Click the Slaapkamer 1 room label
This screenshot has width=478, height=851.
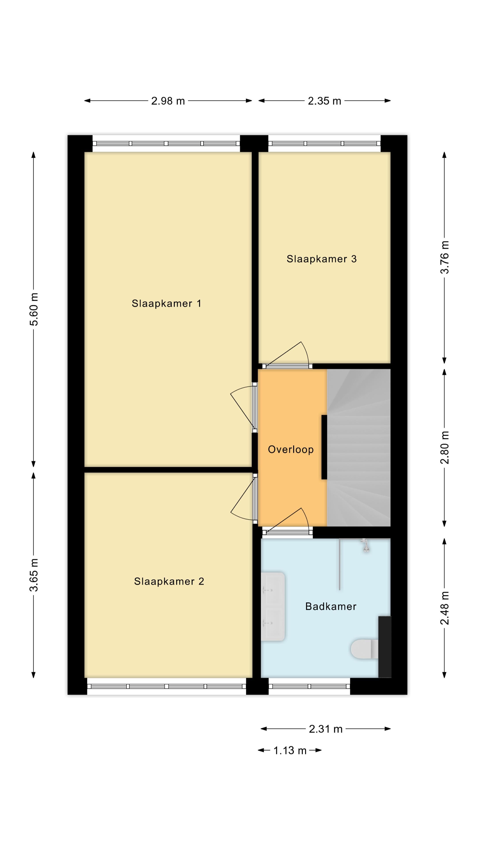point(166,303)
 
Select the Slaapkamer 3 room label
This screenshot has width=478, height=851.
point(321,259)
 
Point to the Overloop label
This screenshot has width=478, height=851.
point(291,449)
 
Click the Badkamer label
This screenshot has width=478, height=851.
point(331,606)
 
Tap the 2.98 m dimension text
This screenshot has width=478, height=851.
point(168,101)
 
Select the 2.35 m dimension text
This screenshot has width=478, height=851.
point(324,101)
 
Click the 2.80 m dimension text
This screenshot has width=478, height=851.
point(445,448)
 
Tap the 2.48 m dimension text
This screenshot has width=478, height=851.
point(445,608)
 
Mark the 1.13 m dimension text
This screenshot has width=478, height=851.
point(290,751)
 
